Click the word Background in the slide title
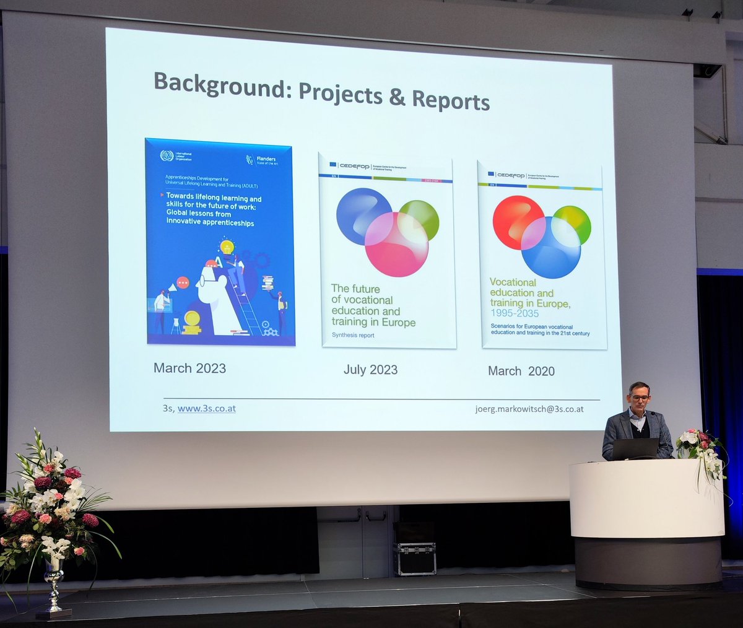[220, 86]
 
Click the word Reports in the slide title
[451, 100]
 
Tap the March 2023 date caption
[189, 368]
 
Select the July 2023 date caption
[370, 370]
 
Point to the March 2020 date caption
[521, 371]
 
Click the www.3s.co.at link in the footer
[206, 409]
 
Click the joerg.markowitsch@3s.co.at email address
[529, 409]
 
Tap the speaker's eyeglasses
[639, 398]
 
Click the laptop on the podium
[635, 448]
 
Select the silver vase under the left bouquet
[54, 585]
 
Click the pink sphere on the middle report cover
[396, 244]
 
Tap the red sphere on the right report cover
[518, 222]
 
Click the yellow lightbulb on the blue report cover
[227, 247]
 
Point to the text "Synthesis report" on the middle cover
[353, 335]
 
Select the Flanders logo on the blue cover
[260, 160]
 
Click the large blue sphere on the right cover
[550, 248]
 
